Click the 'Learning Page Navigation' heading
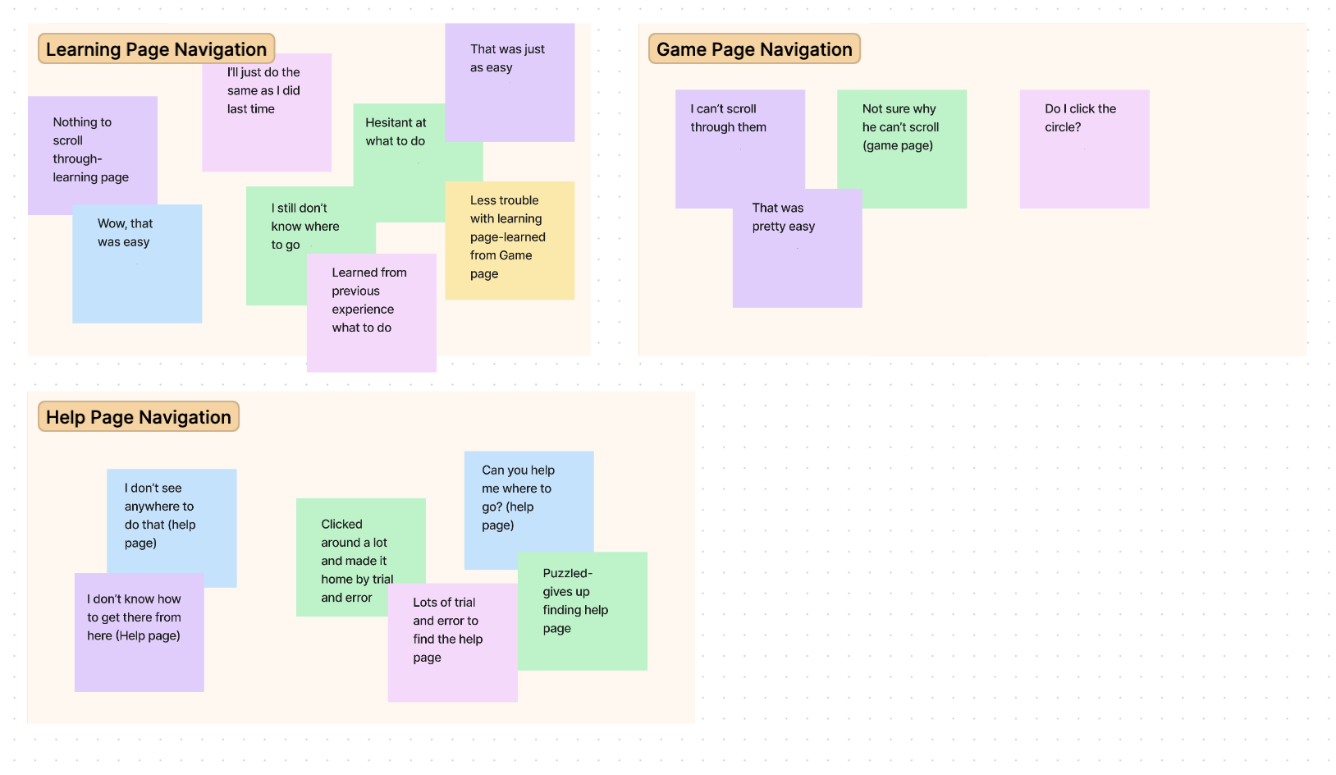(156, 49)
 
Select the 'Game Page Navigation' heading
(753, 49)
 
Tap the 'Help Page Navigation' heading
(138, 417)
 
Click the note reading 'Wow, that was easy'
(136, 271)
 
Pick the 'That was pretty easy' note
(796, 255)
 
